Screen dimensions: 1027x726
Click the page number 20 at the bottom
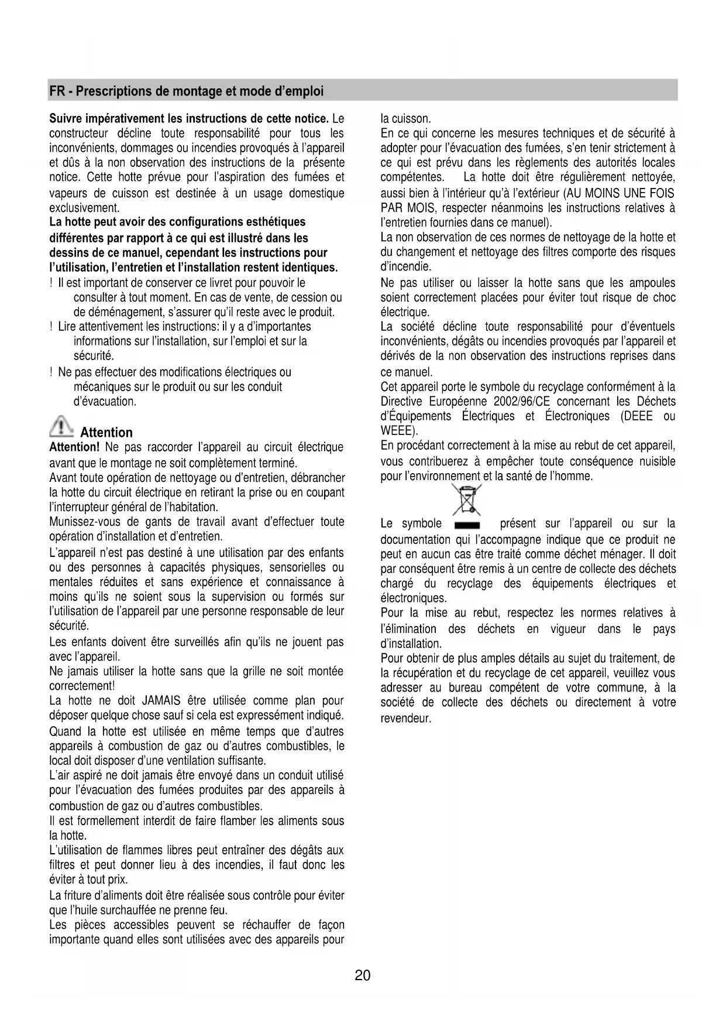pyautogui.click(x=362, y=975)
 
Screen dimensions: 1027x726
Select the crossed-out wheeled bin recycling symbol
pyautogui.click(x=466, y=501)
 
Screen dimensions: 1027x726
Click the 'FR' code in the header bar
pyautogui.click(x=57, y=91)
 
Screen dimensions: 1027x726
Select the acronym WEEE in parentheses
pyautogui.click(x=397, y=432)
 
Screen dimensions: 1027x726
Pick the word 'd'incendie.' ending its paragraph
pyautogui.click(x=405, y=267)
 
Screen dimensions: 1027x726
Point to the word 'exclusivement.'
pyautogui.click(x=84, y=208)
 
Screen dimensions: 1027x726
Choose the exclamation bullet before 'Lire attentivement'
pyautogui.click(x=52, y=327)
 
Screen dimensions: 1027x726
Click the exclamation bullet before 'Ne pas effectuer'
pyautogui.click(x=52, y=372)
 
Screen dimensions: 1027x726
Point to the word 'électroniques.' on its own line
pyautogui.click(x=414, y=598)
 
